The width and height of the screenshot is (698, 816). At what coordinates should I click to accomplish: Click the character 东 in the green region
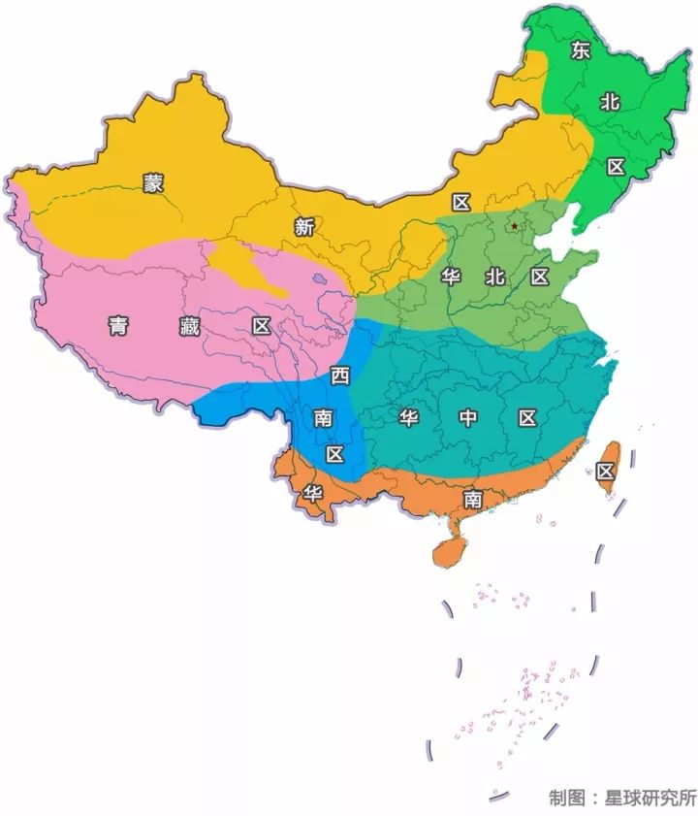pos(581,50)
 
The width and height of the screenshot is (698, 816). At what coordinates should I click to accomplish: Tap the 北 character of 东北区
pos(609,101)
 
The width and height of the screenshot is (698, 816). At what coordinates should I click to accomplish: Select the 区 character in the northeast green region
pos(616,166)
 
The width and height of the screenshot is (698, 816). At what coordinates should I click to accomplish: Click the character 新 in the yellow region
pos(304,227)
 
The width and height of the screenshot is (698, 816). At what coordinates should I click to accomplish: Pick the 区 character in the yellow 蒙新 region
pos(460,202)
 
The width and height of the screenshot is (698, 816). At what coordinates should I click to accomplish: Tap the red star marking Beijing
pos(514,226)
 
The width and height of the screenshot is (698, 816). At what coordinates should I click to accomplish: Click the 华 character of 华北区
pos(451,277)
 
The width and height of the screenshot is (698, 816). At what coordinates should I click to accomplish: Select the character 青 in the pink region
pos(117,327)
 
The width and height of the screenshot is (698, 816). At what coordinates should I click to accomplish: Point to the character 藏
pos(190,327)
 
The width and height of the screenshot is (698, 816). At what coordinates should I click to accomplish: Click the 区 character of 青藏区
pos(261,326)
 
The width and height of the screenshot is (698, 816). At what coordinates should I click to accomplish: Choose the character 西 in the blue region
pos(339,375)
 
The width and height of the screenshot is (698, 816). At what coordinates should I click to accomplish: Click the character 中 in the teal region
pos(468,418)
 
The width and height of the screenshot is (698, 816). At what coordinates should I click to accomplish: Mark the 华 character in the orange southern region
pos(312,492)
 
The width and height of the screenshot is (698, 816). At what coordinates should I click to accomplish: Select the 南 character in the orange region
pos(472,499)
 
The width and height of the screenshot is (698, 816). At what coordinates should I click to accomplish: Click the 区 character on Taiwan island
pos(606,472)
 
